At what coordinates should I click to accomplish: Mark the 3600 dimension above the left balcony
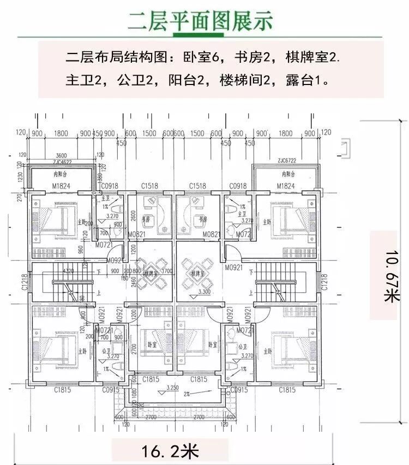(x=61, y=155)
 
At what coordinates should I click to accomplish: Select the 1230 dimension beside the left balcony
(x=21, y=178)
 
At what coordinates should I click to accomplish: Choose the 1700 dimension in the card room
(x=167, y=271)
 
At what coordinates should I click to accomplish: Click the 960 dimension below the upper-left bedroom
(x=81, y=250)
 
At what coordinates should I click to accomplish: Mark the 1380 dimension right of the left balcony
(x=99, y=177)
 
